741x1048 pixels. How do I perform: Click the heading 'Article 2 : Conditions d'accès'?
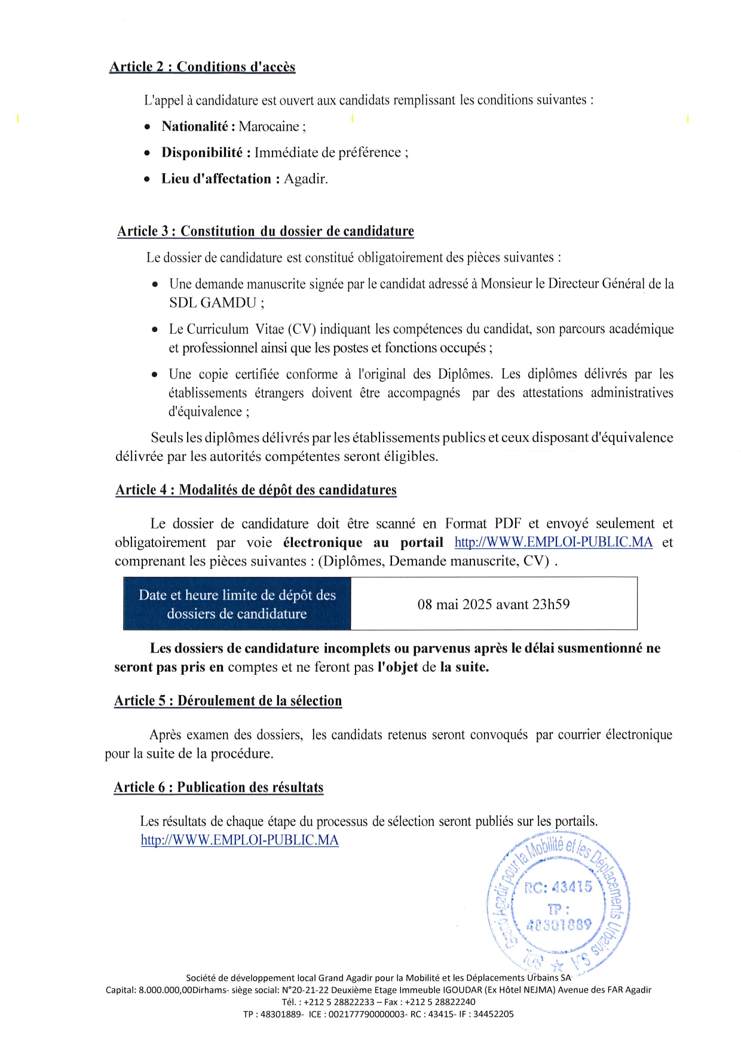202,67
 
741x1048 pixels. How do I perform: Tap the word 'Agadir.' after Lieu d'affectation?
305,179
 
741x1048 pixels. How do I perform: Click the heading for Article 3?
265,232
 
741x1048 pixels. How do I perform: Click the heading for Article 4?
256,490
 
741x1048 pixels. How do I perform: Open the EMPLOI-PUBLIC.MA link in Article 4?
553,543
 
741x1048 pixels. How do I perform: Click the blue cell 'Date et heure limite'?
237,604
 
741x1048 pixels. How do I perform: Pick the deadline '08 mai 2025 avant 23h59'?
493,604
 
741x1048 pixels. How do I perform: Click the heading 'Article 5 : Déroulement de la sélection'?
228,701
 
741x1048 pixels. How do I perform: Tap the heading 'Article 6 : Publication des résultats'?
219,788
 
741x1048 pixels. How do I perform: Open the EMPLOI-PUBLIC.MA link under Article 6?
240,840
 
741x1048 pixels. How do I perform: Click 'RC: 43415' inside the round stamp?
558,887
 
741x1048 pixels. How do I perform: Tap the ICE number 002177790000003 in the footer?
366,1014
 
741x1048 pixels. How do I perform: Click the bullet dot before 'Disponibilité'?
148,153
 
